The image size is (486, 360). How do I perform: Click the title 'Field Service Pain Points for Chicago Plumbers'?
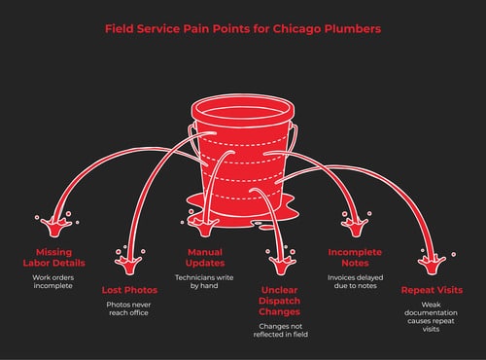242,28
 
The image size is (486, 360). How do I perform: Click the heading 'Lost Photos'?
129,290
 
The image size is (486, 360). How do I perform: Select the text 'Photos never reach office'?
129,312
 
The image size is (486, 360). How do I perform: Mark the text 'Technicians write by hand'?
204,283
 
